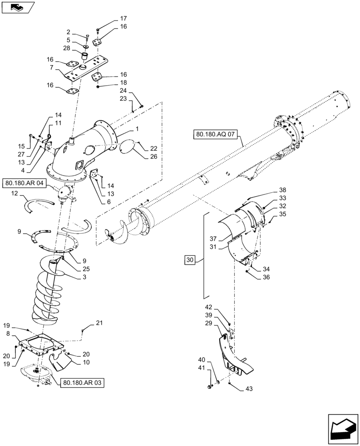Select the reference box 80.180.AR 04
click(25, 183)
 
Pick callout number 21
click(99, 323)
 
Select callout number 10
click(85, 362)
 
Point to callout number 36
click(266, 277)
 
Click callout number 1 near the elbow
click(137, 128)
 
